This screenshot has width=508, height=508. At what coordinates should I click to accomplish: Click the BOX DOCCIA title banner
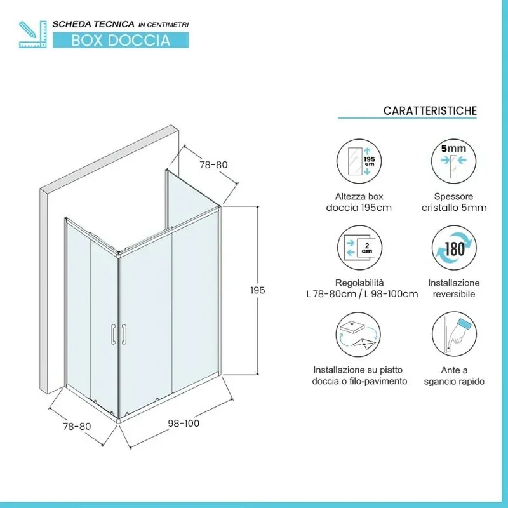(120, 40)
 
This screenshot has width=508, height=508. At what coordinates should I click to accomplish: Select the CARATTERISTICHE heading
(430, 110)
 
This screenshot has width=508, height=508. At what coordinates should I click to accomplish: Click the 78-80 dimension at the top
(213, 164)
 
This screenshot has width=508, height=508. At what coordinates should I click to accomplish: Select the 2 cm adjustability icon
(359, 248)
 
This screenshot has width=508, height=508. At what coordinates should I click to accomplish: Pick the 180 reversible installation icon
(453, 248)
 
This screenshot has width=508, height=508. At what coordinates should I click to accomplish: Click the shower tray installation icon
(359, 337)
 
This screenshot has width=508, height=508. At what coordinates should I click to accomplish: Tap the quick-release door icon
(453, 337)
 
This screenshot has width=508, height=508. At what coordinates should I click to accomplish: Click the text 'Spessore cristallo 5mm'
(453, 202)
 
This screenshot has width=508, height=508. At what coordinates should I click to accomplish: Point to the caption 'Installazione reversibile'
(453, 288)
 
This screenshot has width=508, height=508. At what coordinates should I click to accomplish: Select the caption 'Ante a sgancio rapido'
(453, 375)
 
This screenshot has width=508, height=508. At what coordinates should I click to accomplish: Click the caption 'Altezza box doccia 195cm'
(359, 202)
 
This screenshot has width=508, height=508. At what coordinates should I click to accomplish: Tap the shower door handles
(119, 334)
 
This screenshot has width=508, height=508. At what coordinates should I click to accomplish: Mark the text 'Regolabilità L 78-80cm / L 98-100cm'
(361, 288)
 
